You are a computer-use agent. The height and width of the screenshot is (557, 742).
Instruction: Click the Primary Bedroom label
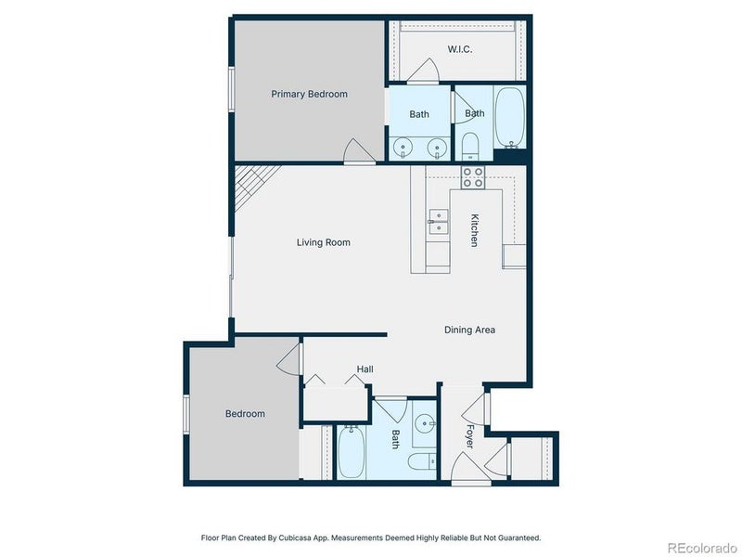coord(309,95)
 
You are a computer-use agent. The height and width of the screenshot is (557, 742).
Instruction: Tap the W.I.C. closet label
coord(459,49)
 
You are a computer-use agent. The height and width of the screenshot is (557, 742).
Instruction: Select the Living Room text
coord(323,242)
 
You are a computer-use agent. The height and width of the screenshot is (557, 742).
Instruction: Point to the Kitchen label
coord(474,230)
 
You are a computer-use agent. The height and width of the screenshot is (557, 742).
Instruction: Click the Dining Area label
coord(469,330)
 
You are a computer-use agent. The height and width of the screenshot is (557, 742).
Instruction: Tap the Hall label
coord(365,369)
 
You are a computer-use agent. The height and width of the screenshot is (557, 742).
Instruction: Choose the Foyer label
coord(469,435)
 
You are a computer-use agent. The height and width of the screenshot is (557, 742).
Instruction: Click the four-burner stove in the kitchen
coord(473,177)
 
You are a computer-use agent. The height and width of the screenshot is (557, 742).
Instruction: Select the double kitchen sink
coord(438,223)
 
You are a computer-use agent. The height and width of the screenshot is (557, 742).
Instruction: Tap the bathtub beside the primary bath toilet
coord(509,117)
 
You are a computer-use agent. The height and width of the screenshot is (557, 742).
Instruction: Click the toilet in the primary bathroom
coord(470,147)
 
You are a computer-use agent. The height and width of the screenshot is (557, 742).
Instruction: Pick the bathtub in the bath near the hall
coord(351,452)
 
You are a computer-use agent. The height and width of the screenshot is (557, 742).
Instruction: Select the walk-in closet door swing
coord(423,71)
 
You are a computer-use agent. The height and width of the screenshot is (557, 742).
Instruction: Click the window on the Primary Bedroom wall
coord(231,89)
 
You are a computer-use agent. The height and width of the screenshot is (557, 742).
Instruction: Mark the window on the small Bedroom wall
coord(186,414)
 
